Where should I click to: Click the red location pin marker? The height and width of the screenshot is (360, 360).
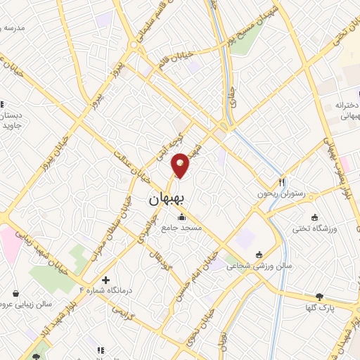pyautogui.click(x=181, y=165)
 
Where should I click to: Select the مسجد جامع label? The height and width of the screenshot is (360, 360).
pyautogui.click(x=181, y=228)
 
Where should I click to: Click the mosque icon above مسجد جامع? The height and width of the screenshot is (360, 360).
pyautogui.click(x=181, y=217)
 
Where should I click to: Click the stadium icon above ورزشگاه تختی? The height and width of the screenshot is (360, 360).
pyautogui.click(x=314, y=217)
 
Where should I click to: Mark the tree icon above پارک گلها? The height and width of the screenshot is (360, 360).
pyautogui.click(x=320, y=296)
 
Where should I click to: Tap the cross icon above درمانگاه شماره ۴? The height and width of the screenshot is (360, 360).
pyautogui.click(x=105, y=279)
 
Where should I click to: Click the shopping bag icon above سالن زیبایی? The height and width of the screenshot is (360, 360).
pyautogui.click(x=16, y=293)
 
